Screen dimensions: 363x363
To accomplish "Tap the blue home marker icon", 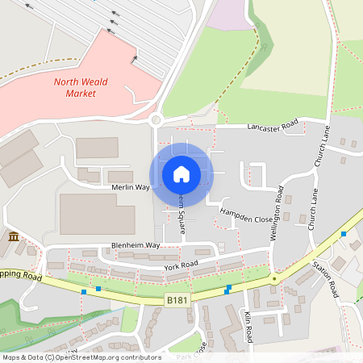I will pos(181,173).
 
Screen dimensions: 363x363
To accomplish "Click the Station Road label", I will pos(325,278).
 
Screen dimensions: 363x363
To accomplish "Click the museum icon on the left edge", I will pos(14,236).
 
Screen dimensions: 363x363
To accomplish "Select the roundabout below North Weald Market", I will pos(156,121).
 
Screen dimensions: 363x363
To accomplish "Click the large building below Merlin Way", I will pos(97,214).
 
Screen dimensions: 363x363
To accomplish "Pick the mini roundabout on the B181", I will pos(274,278).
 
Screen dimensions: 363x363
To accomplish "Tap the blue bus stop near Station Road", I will pos(344,233).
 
